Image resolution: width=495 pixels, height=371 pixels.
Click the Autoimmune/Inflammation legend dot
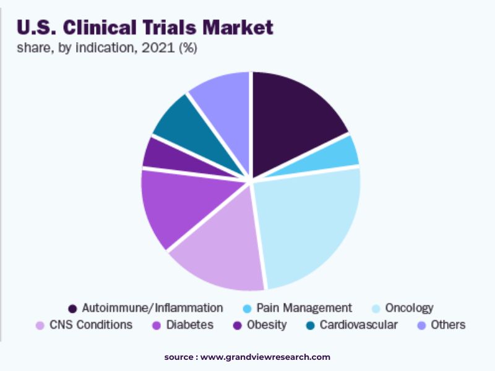72,308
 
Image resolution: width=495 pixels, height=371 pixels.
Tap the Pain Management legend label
304,308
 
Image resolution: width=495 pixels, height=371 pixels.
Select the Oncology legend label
409,308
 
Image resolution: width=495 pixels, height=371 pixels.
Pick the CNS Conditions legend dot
40,325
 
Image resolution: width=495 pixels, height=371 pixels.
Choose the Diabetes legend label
189,325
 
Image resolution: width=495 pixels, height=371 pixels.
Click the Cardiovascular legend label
358,325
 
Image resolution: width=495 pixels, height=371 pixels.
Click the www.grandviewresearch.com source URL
265,357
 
